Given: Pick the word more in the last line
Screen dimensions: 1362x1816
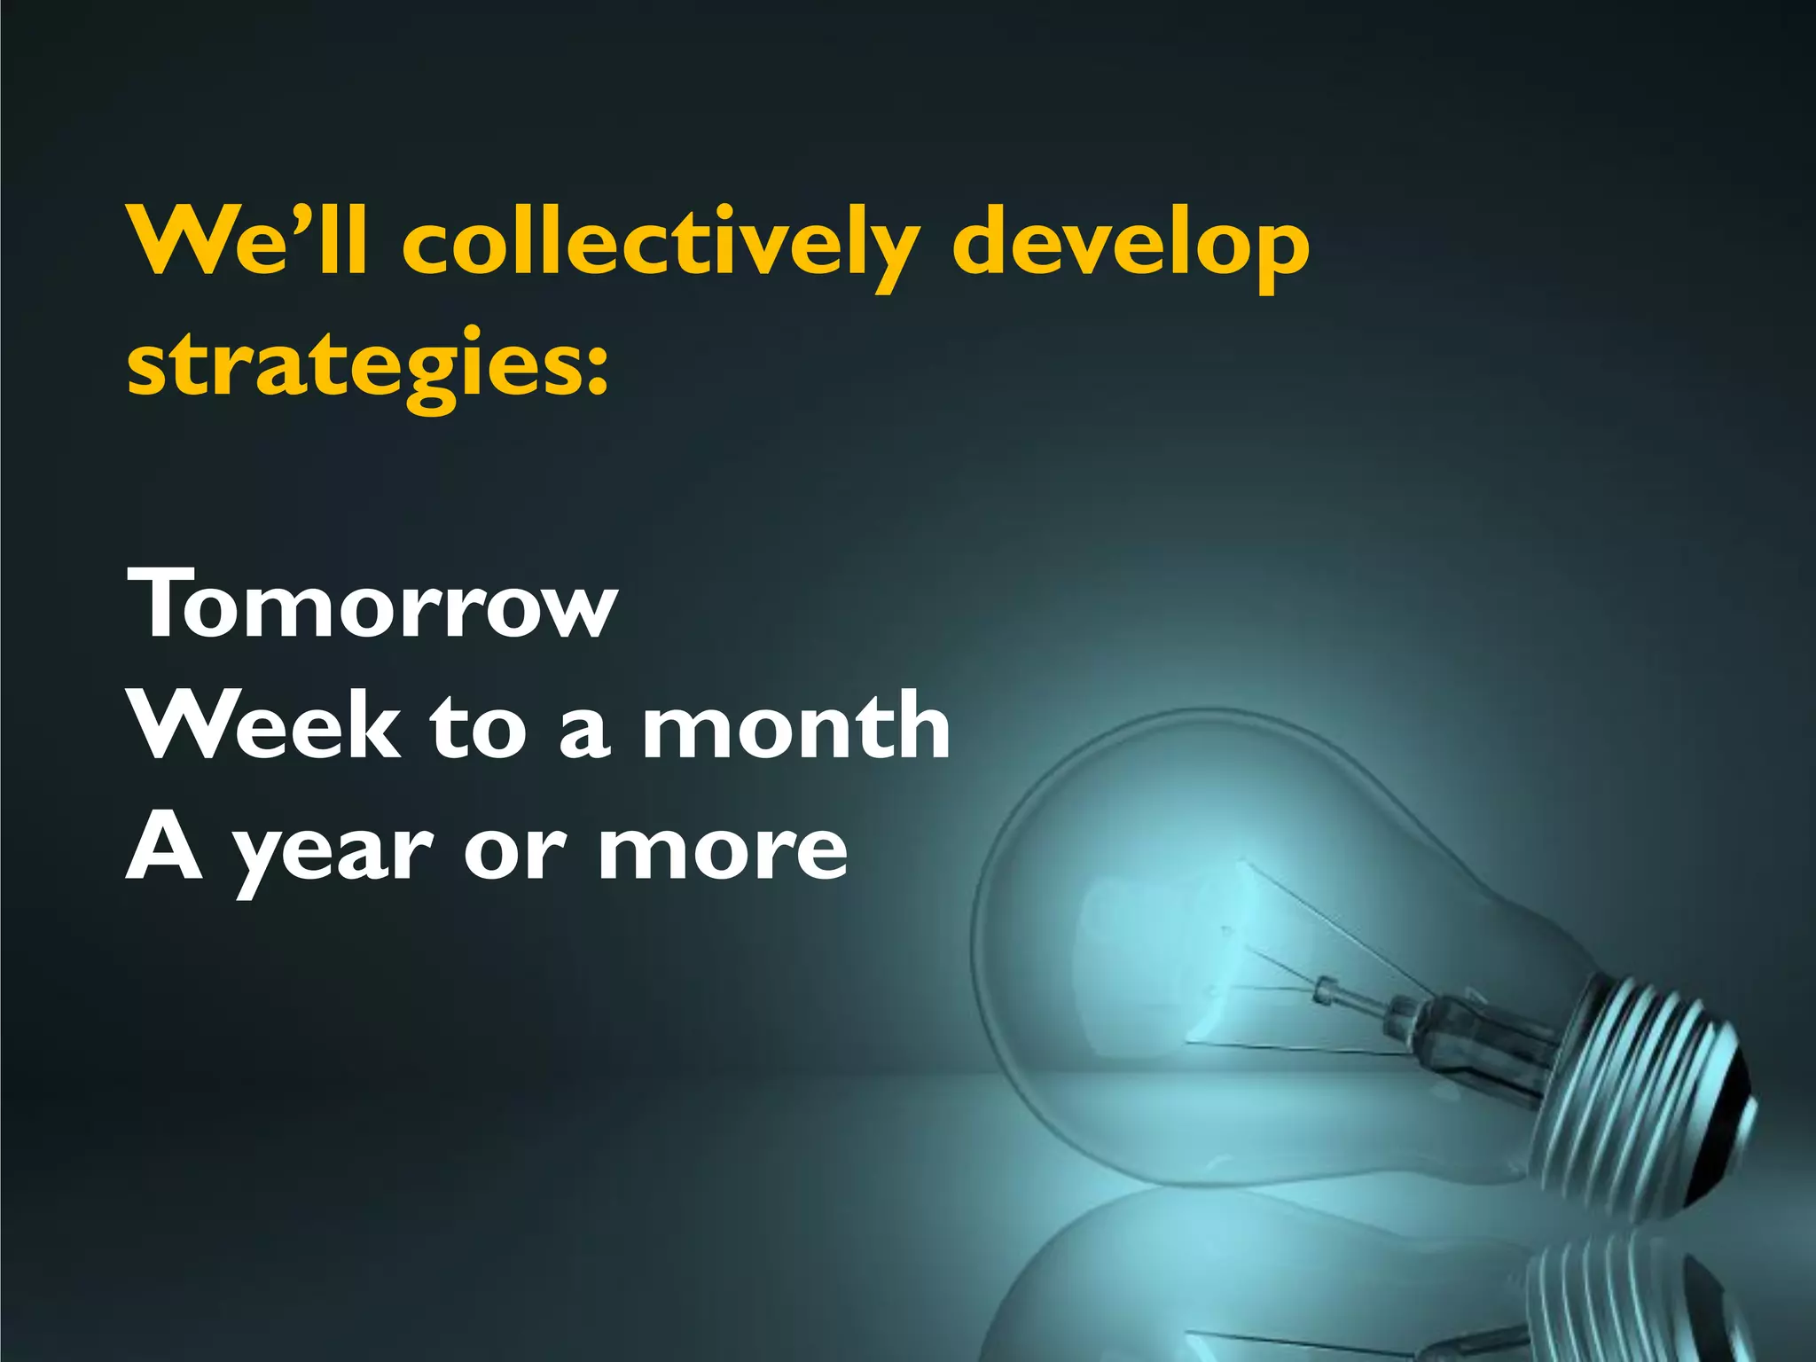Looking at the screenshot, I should pos(723,849).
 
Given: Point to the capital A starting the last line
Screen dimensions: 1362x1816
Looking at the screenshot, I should pos(164,847).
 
